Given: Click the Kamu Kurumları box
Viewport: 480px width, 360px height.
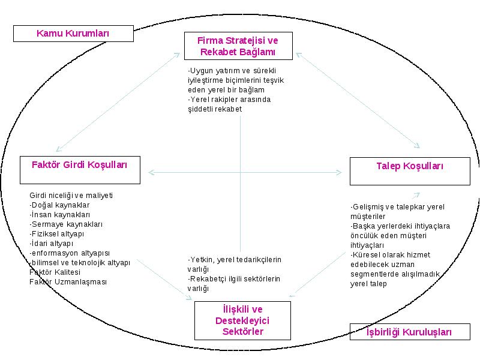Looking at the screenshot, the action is [x=73, y=34].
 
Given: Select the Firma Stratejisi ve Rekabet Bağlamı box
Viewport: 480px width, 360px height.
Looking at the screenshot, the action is [x=238, y=46].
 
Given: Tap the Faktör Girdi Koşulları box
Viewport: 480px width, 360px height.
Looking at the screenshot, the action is [x=80, y=170].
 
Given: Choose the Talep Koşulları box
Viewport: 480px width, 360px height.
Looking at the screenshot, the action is [x=410, y=171].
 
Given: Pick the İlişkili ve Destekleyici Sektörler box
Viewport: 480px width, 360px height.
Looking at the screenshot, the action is [x=242, y=320].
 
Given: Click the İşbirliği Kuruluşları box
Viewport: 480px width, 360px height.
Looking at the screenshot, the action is [x=410, y=332].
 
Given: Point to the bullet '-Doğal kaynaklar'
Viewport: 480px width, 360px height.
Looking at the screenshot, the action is [x=59, y=205].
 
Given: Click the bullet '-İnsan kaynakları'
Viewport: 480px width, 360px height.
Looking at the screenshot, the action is [x=59, y=215].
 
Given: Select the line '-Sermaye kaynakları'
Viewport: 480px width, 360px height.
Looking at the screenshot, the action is [x=66, y=224].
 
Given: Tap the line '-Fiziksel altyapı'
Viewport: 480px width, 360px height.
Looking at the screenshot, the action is [x=56, y=234].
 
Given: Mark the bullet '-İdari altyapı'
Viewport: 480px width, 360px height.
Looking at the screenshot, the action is [x=52, y=244].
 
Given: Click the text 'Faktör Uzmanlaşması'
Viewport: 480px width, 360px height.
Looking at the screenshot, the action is [x=68, y=282].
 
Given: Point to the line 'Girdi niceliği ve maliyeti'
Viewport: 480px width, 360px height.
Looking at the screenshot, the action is [x=71, y=196].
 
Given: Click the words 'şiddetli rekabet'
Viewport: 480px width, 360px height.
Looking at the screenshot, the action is [x=215, y=109].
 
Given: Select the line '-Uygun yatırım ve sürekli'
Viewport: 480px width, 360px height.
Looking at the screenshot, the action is [x=232, y=71].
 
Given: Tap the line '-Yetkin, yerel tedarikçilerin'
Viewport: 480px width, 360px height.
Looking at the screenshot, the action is [x=234, y=260].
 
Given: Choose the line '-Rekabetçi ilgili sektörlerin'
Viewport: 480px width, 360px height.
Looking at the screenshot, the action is [x=233, y=279].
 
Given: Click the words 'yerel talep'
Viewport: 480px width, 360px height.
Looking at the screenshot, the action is [x=368, y=284].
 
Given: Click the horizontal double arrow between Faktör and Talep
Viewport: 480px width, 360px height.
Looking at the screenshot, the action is [x=245, y=172].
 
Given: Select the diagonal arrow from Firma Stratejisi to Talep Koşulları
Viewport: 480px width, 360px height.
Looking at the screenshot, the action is [x=358, y=100].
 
